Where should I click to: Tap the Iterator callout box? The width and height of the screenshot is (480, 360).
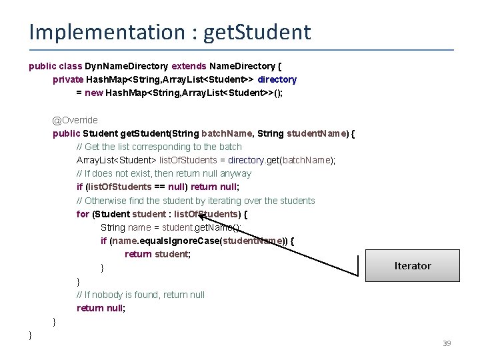pos(413,265)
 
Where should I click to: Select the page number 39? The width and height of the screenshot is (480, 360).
pos(447,343)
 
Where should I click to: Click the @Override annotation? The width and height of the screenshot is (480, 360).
pos(75,120)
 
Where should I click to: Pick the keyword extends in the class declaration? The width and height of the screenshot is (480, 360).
pos(189,66)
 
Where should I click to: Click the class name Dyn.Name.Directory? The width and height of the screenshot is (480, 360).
pos(127,66)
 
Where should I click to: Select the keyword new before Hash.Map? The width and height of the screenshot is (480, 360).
pos(93,93)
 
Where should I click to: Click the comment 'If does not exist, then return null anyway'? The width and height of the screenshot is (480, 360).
pos(164,173)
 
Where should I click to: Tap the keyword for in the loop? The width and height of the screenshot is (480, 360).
pos(83,214)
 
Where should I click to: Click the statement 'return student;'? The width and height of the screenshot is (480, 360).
pos(157,254)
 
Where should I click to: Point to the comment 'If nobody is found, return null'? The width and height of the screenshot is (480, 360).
pos(141,295)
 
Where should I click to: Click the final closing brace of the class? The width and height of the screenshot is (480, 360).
pos(31,335)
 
